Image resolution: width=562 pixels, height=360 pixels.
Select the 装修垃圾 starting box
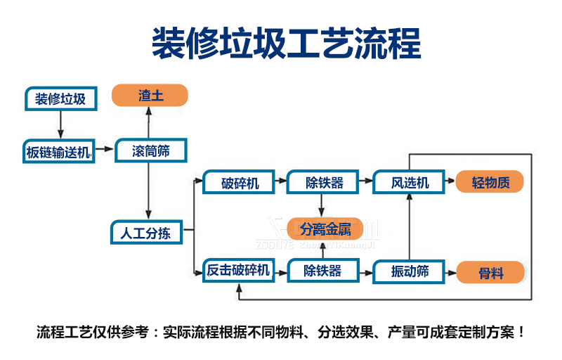point(60,99)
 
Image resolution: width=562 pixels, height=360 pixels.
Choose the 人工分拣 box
point(145,233)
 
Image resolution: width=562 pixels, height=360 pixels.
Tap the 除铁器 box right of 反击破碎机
point(322,271)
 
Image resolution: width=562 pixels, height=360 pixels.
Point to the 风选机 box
point(410,183)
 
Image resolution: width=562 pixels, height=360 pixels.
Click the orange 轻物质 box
point(490,183)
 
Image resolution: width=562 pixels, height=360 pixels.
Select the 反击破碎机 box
point(237,271)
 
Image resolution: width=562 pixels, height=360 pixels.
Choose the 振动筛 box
point(410,271)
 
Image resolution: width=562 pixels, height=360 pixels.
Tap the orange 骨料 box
point(490,272)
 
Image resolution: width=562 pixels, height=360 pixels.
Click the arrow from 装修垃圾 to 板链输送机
point(60,125)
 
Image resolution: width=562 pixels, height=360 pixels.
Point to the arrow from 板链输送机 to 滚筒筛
point(105,149)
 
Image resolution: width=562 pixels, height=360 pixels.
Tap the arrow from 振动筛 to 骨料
point(450,271)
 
